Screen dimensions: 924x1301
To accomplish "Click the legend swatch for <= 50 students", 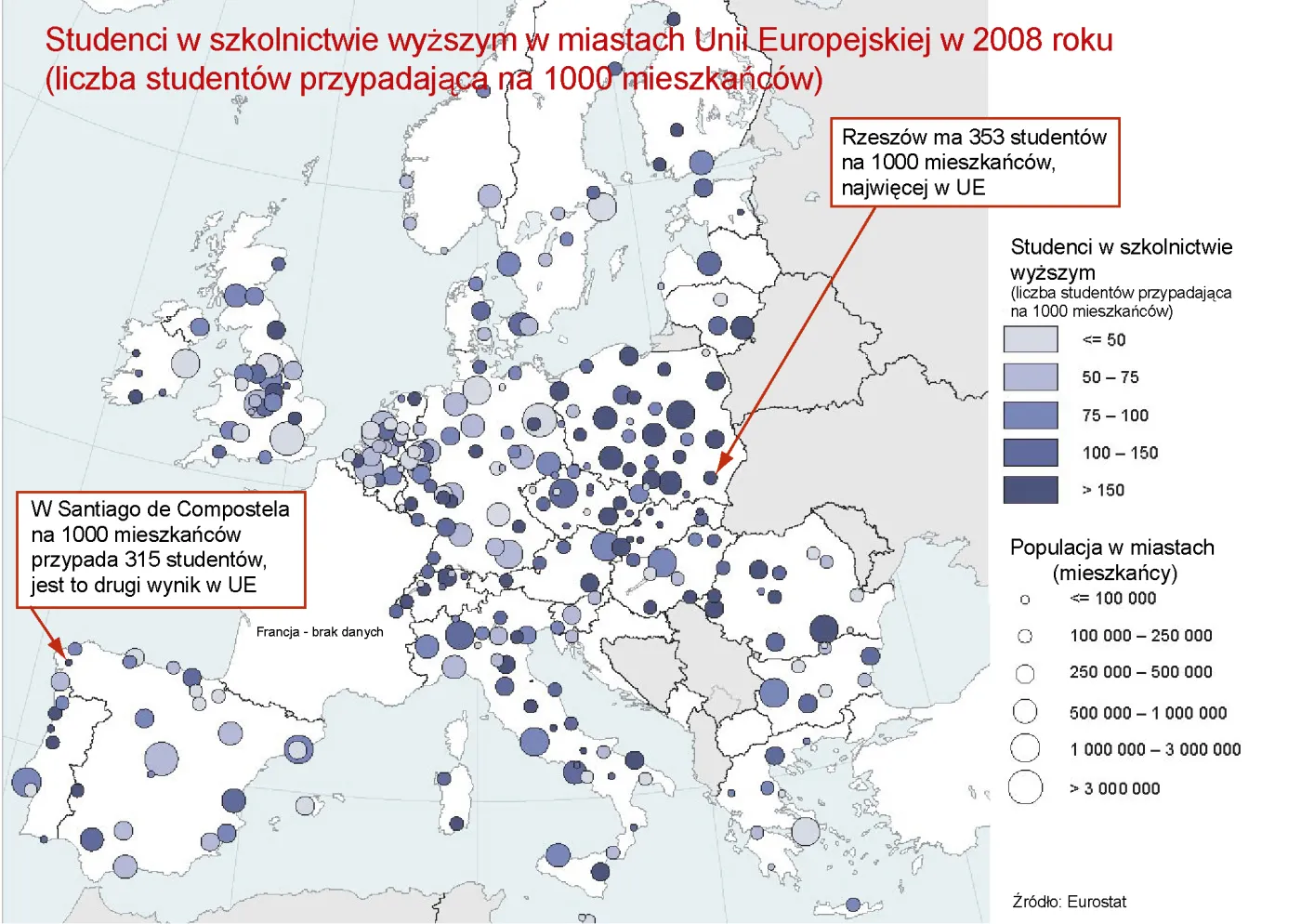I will coord(1030,339).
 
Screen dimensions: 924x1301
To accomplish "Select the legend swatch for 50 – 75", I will coord(1030,377).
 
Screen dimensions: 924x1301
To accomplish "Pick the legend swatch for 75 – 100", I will coord(1030,415).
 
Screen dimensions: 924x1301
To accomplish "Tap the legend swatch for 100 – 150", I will coord(1030,453).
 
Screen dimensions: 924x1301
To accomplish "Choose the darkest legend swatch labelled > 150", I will coord(1030,490).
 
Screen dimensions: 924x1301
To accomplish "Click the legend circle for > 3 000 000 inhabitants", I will coord(1025,787).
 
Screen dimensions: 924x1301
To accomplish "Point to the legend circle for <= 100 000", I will coord(1025,600).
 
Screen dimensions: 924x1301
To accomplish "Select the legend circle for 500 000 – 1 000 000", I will coord(1025,712).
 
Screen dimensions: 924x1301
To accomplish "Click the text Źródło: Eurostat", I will coord(1069,902).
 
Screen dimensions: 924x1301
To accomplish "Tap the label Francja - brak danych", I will coord(320,632).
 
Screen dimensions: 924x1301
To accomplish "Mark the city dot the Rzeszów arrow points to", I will coord(711,478).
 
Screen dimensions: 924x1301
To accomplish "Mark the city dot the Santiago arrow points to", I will coord(68,662).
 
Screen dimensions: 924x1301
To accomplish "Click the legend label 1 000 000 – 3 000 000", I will coord(1155,749).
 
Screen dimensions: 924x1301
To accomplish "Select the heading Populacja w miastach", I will coord(1111,548).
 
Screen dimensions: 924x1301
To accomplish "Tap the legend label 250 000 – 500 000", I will coord(1140,672).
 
